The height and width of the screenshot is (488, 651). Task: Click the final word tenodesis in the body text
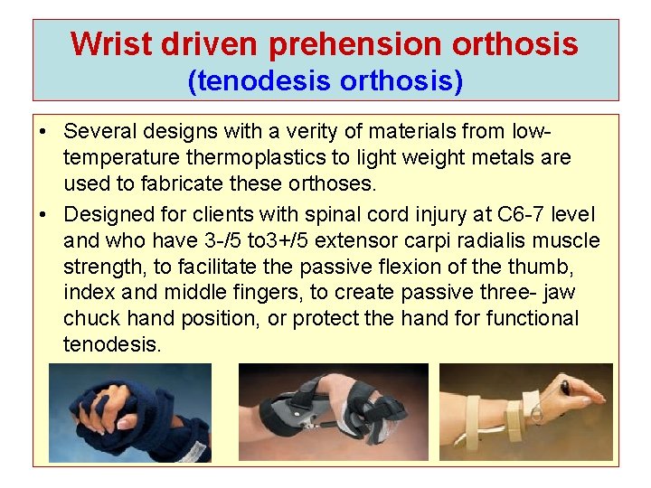pos(112,344)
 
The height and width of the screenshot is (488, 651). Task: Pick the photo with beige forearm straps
pos(525,413)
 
